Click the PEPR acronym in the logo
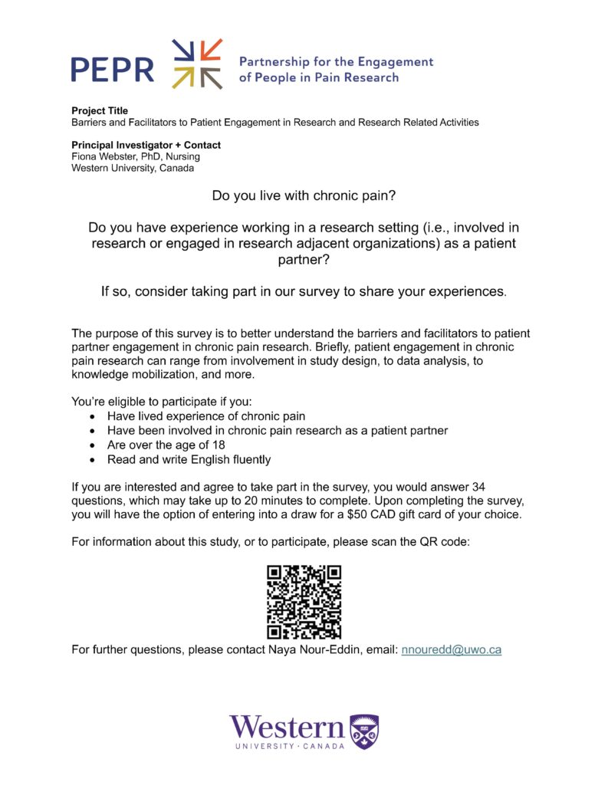(x=112, y=69)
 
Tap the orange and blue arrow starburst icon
(x=197, y=64)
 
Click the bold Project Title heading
(x=100, y=111)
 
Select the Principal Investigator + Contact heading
(x=146, y=145)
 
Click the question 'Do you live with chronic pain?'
(x=304, y=196)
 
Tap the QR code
(x=304, y=603)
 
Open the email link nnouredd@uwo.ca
(x=452, y=650)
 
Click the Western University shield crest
(x=364, y=731)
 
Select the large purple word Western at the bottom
(x=287, y=728)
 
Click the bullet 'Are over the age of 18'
(x=162, y=445)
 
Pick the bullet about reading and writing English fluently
(x=189, y=460)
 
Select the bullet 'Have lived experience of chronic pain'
(x=206, y=416)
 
